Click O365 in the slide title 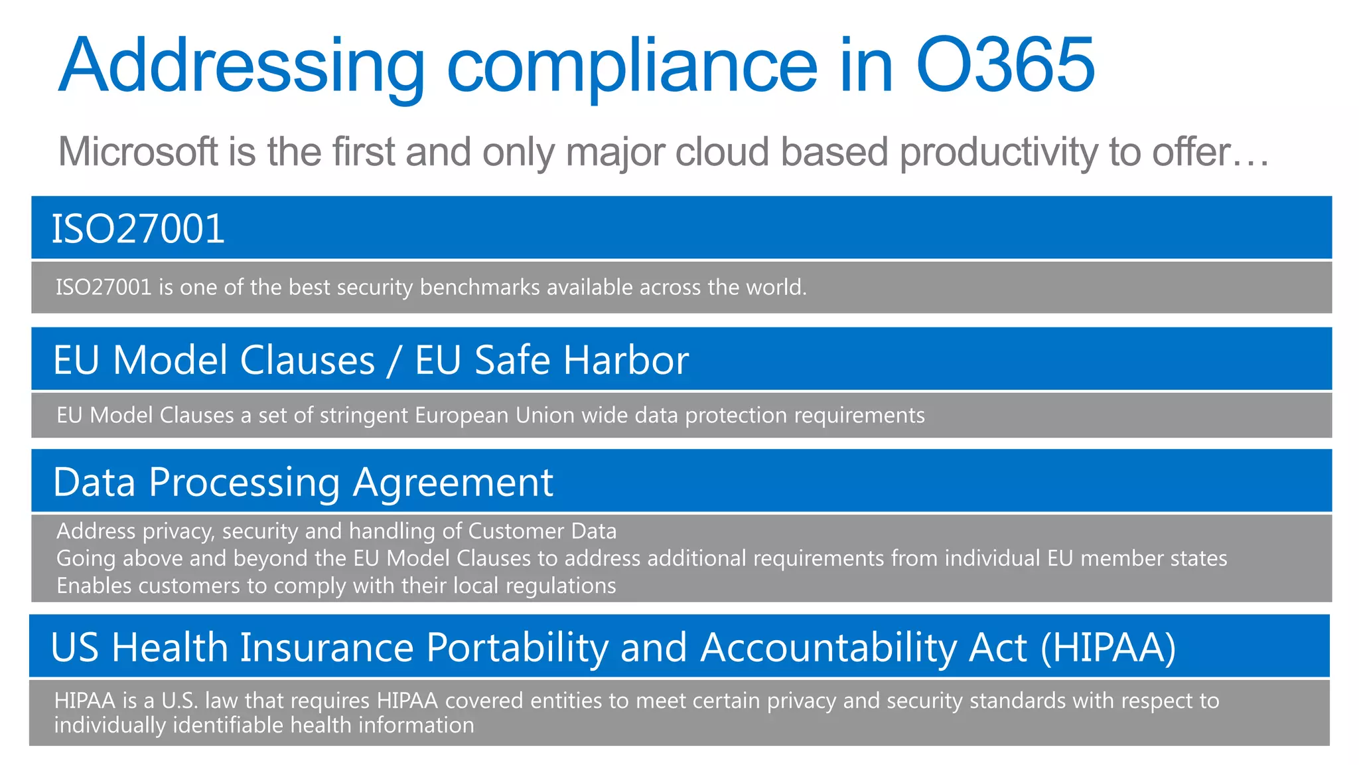pyautogui.click(x=1005, y=65)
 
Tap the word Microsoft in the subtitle pyautogui.click(x=138, y=151)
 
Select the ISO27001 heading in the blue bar pyautogui.click(x=138, y=228)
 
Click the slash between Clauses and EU pyautogui.click(x=394, y=361)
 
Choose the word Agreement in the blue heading pyautogui.click(x=453, y=482)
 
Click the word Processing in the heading pyautogui.click(x=244, y=483)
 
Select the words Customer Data pyautogui.click(x=542, y=531)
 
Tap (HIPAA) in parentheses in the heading pyautogui.click(x=1108, y=647)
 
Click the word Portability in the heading pyautogui.click(x=516, y=647)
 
